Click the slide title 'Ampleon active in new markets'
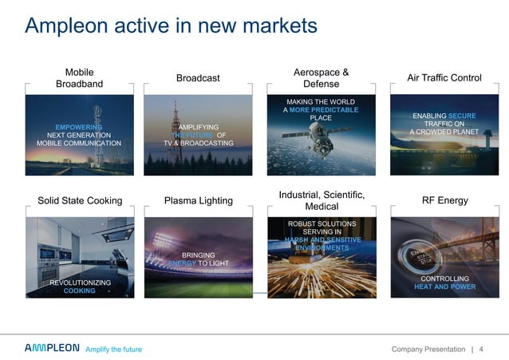pyautogui.click(x=171, y=26)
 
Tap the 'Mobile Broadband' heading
pyautogui.click(x=79, y=77)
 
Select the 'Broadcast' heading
pyautogui.click(x=197, y=77)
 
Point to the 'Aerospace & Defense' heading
pyautogui.click(x=321, y=77)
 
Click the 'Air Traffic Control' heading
pyautogui.click(x=444, y=77)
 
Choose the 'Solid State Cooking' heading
pyautogui.click(x=80, y=200)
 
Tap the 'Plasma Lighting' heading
pyautogui.click(x=198, y=200)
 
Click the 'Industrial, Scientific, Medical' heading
pyautogui.click(x=322, y=200)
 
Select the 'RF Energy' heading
pyautogui.click(x=444, y=200)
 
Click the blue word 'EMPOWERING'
pyautogui.click(x=79, y=127)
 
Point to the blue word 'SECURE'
pyautogui.click(x=462, y=116)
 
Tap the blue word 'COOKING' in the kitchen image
pyautogui.click(x=79, y=291)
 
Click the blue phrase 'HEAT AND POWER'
pyautogui.click(x=445, y=287)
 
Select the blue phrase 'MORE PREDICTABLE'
pyautogui.click(x=325, y=110)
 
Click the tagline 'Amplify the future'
pyautogui.click(x=113, y=350)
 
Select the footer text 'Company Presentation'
pyautogui.click(x=429, y=350)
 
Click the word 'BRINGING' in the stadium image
pyautogui.click(x=198, y=255)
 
